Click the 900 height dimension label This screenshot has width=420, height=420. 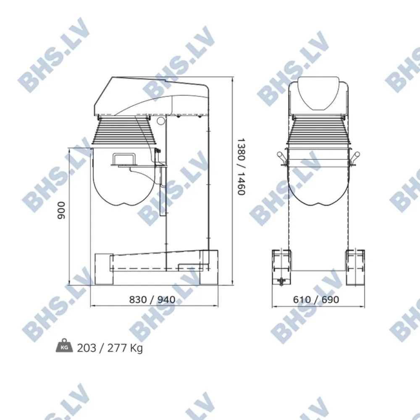click(62, 210)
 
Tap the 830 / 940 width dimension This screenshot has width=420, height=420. click(152, 299)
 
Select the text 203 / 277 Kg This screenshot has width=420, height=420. click(110, 348)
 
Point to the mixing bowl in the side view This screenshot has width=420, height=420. click(122, 181)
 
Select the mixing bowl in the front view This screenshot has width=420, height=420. click(318, 181)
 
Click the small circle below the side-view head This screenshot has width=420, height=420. click(160, 121)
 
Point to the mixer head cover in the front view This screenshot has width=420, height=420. click(318, 94)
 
